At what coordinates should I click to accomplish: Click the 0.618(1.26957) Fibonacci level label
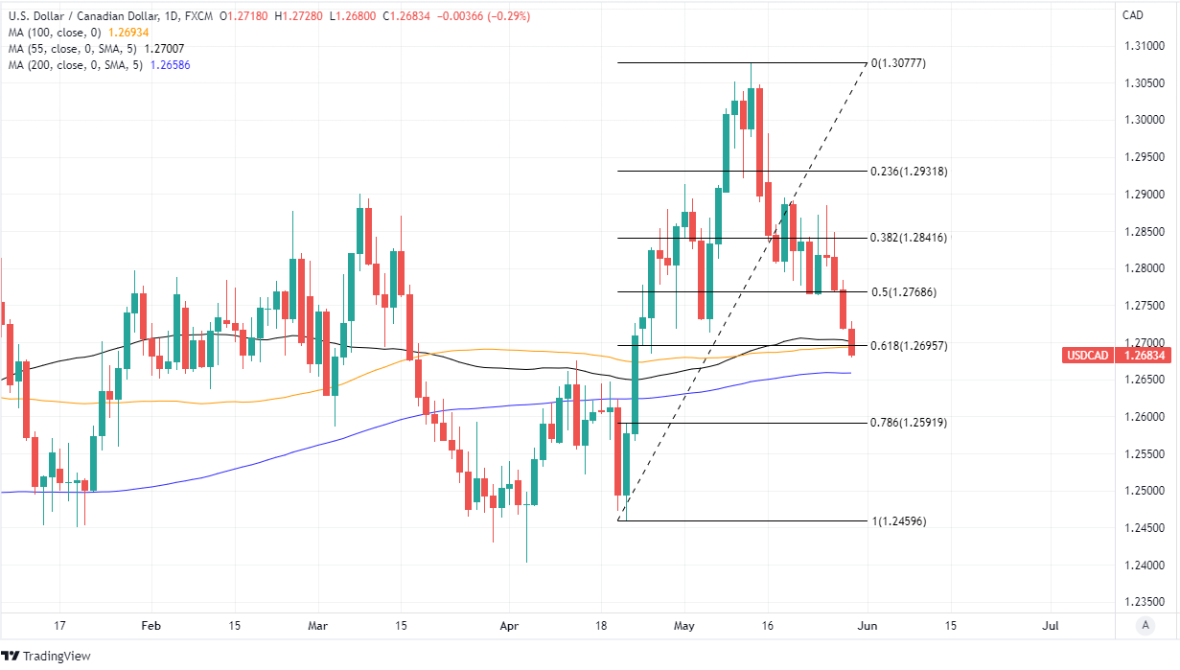click(x=909, y=345)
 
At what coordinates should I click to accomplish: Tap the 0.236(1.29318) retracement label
click(x=909, y=172)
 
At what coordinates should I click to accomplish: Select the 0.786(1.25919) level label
click(x=909, y=423)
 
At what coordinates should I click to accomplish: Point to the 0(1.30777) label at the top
click(x=898, y=63)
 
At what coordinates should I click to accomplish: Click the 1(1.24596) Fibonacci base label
click(x=898, y=521)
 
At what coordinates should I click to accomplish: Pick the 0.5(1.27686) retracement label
click(x=903, y=291)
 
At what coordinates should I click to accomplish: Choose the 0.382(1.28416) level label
click(x=909, y=238)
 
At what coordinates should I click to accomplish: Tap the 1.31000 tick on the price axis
click(x=1146, y=46)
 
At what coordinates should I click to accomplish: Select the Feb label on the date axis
click(x=151, y=626)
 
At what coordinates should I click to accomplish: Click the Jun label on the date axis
click(x=866, y=626)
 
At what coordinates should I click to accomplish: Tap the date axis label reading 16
click(x=767, y=626)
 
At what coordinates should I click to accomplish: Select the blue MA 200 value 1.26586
click(x=169, y=64)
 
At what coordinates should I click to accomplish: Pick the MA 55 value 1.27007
click(x=164, y=48)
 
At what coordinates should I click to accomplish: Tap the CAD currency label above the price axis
click(x=1133, y=15)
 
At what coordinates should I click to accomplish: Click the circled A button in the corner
click(x=1145, y=626)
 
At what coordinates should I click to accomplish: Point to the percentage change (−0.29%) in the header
click(x=504, y=16)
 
